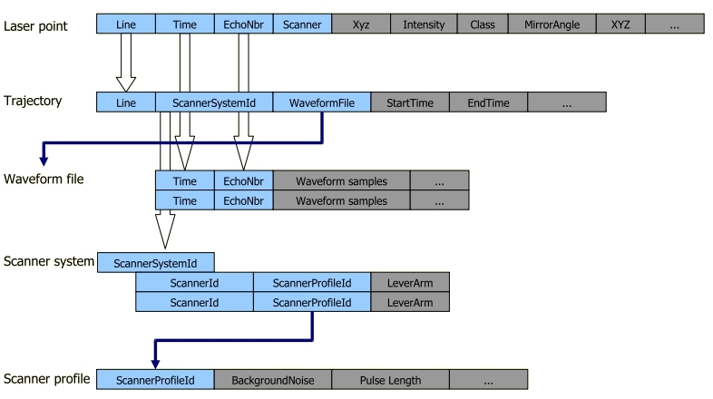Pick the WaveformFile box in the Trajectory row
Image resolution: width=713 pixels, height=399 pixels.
pyautogui.click(x=321, y=102)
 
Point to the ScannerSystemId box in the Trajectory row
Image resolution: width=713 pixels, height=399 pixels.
pyautogui.click(x=214, y=102)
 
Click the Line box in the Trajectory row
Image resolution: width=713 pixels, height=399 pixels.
pyautogui.click(x=126, y=102)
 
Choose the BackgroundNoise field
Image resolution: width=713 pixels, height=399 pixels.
pyautogui.click(x=272, y=379)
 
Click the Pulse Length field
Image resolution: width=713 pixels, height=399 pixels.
pyautogui.click(x=390, y=379)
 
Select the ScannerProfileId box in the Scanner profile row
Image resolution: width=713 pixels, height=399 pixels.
pyautogui.click(x=155, y=379)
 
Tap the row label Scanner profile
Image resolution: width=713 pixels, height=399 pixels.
pyautogui.click(x=45, y=378)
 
